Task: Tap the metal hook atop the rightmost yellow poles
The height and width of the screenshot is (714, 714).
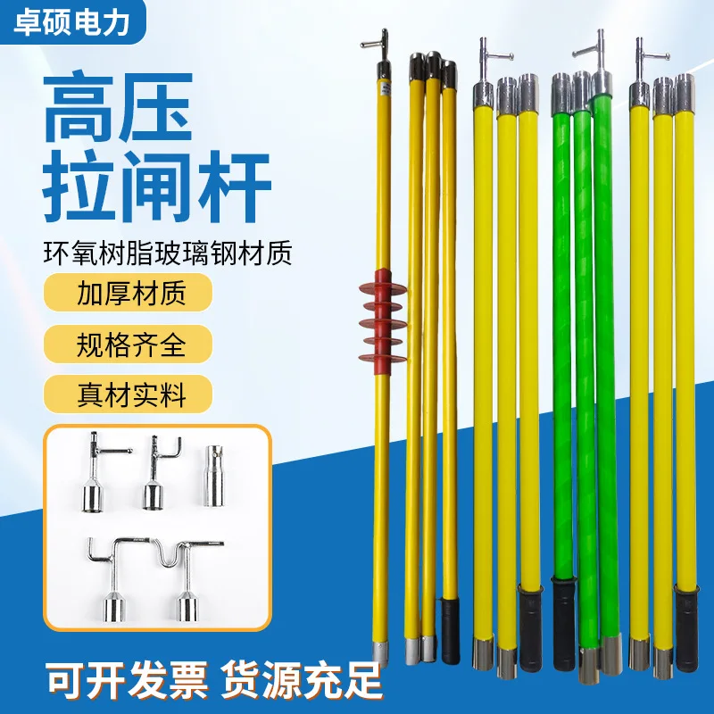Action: coord(641,57)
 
